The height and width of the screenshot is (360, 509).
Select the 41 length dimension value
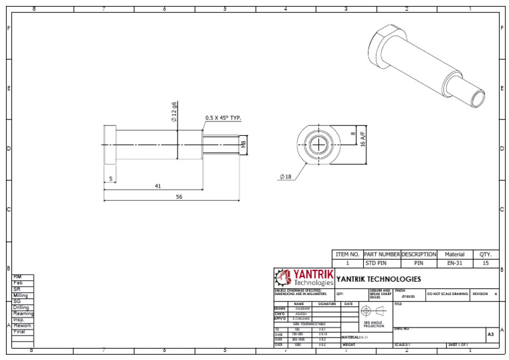coord(158,186)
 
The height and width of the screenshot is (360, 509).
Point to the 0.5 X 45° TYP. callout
coord(223,118)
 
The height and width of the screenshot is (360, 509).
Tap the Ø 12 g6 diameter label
coord(174,112)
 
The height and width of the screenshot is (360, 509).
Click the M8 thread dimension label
coord(243,144)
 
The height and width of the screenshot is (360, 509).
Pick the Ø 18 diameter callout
coord(286,177)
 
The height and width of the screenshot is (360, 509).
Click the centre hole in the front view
coord(320,145)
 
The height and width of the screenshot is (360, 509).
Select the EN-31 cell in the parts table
coord(454,263)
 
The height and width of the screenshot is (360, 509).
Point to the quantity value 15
coord(485,263)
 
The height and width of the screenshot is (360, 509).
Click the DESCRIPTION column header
coord(418,254)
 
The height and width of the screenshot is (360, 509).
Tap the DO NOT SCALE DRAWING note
coord(447,294)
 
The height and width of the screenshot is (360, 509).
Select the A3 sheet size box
coord(490,335)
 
